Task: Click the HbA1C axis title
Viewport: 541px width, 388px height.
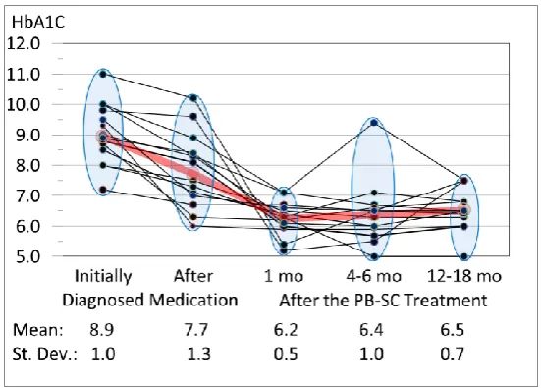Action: click(x=38, y=23)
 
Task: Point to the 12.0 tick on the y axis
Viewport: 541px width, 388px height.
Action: click(x=24, y=44)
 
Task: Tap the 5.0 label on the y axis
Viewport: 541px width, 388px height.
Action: click(x=24, y=256)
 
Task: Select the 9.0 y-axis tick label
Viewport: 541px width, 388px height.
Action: click(x=24, y=135)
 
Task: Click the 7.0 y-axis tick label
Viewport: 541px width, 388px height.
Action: click(x=24, y=195)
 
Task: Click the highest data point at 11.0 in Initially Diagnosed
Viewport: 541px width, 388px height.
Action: click(x=103, y=74)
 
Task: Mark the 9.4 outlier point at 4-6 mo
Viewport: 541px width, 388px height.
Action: click(x=374, y=123)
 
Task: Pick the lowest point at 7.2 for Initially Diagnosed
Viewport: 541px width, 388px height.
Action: click(x=103, y=190)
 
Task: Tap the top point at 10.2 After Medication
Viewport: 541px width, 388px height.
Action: click(x=193, y=98)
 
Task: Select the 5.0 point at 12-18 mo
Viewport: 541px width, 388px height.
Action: click(x=464, y=256)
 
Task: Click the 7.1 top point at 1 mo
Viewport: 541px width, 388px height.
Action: click(x=284, y=193)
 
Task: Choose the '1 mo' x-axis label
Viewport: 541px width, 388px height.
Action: click(x=284, y=276)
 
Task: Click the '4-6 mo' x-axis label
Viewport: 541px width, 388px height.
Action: click(x=374, y=276)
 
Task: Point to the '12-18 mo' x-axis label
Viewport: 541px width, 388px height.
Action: click(x=464, y=276)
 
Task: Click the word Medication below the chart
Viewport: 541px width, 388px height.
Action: click(x=193, y=300)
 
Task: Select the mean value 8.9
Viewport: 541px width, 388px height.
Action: click(x=102, y=330)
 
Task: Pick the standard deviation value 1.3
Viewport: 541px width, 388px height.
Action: click(x=198, y=354)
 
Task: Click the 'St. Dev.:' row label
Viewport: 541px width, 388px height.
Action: click(x=45, y=354)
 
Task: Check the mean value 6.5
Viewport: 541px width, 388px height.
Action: click(x=452, y=330)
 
